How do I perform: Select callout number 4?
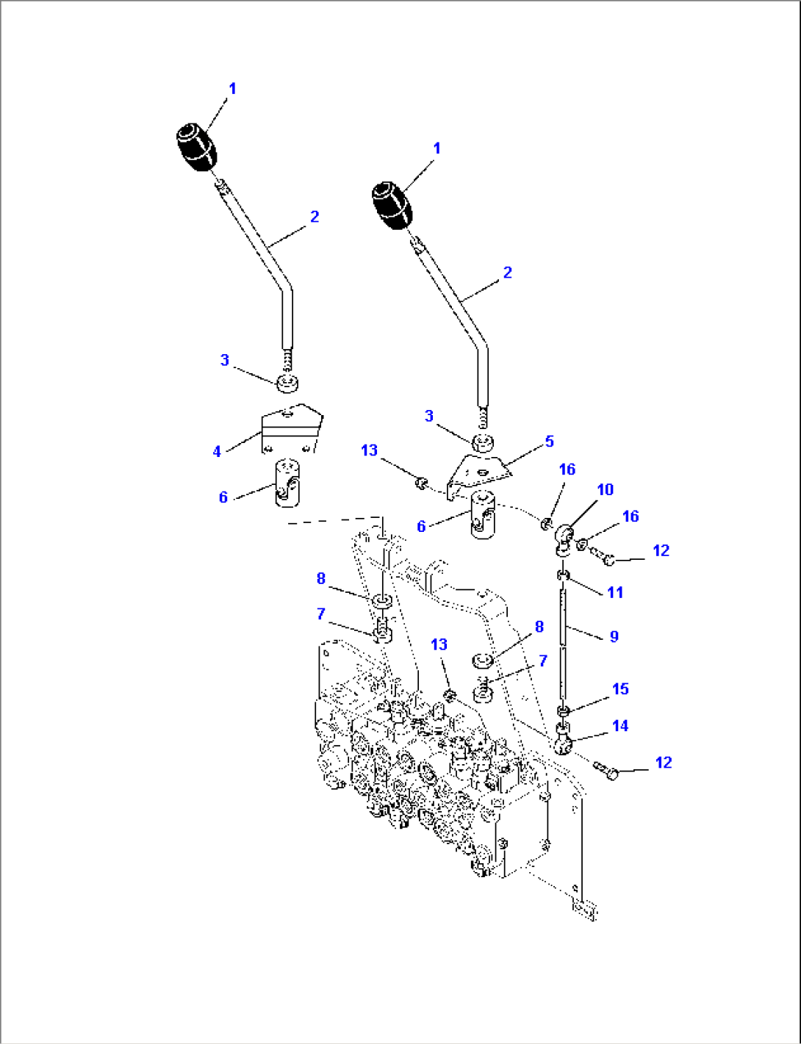(217, 451)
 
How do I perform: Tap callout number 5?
(549, 442)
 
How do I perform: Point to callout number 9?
(614, 636)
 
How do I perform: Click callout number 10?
(605, 489)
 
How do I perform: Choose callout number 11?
(615, 592)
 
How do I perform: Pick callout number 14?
(620, 726)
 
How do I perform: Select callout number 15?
(620, 689)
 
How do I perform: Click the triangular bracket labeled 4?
(292, 429)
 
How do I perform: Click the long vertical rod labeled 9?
(564, 639)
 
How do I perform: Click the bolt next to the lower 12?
(608, 771)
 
